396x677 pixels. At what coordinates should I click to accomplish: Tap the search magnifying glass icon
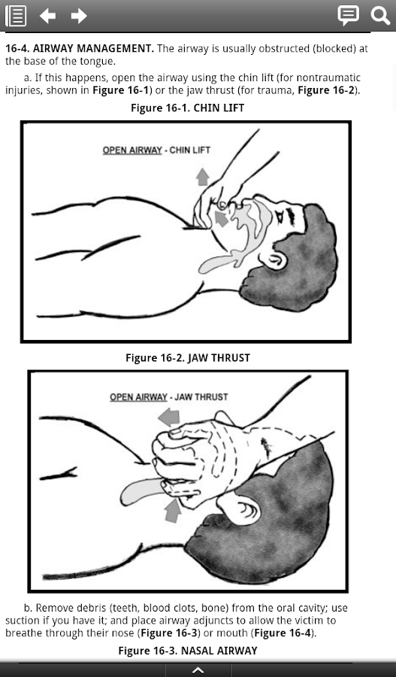pos(380,16)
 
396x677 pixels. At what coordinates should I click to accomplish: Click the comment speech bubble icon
pos(348,16)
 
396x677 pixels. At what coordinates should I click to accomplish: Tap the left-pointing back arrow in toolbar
pos(47,16)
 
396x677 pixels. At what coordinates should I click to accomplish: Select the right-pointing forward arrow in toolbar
pos(79,16)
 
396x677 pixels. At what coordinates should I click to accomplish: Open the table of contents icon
pos(16,16)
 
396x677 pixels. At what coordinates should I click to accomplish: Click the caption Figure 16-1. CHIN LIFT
pos(188,108)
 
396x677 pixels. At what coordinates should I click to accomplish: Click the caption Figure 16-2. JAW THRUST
pos(188,358)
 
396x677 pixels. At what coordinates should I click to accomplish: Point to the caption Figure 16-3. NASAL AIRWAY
pos(188,651)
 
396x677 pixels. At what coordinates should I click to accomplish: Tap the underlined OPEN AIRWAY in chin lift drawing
pos(132,150)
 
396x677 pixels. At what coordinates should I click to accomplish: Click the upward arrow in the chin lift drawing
pos(202,177)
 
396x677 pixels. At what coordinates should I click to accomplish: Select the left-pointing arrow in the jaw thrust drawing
pos(168,417)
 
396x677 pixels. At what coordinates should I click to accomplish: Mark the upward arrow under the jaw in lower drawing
pos(173,510)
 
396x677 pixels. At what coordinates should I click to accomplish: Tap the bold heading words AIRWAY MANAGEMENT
pos(93,48)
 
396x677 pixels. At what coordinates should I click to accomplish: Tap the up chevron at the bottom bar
pos(198,670)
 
